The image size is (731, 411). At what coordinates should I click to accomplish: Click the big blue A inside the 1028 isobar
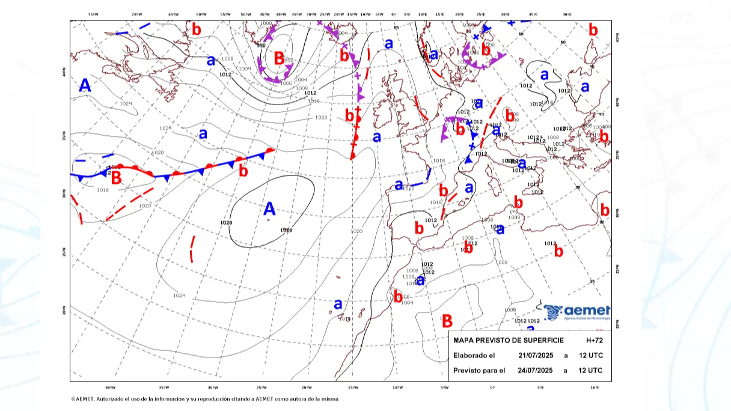tap(269, 209)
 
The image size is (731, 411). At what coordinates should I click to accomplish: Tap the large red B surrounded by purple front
tap(279, 58)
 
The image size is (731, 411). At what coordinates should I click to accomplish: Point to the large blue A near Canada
tap(85, 86)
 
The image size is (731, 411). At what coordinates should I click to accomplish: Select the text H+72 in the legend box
tap(594, 341)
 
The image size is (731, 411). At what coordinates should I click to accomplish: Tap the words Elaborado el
tap(474, 355)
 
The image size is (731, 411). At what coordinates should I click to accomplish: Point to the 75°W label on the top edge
tap(93, 14)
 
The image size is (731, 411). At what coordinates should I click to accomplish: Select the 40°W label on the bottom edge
tap(110, 388)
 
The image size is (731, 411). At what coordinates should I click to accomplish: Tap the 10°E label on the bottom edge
tap(595, 388)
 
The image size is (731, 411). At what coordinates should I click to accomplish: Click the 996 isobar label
tap(261, 45)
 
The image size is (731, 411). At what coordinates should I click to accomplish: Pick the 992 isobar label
tap(289, 60)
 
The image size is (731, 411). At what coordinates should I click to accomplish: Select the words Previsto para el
tap(479, 370)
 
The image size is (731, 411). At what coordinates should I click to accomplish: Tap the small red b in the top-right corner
tap(593, 29)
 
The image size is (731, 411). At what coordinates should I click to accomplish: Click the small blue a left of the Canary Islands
tap(338, 303)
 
